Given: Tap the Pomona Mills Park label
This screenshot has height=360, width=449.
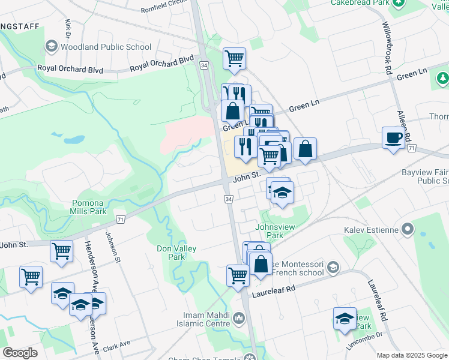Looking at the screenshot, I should pos(89,207).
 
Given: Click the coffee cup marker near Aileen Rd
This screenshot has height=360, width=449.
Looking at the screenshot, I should pos(393,138).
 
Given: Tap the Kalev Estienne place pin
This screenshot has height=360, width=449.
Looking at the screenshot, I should pos(408,229).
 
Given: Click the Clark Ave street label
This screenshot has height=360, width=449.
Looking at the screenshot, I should pos(116,346).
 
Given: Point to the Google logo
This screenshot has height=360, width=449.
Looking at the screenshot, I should pos(20,353).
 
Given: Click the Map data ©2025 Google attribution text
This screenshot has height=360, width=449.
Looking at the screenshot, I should pos(412,355).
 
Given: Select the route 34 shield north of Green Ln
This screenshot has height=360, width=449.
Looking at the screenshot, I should pos(204,65).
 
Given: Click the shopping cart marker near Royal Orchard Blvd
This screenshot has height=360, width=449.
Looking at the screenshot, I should pos(234,58).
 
